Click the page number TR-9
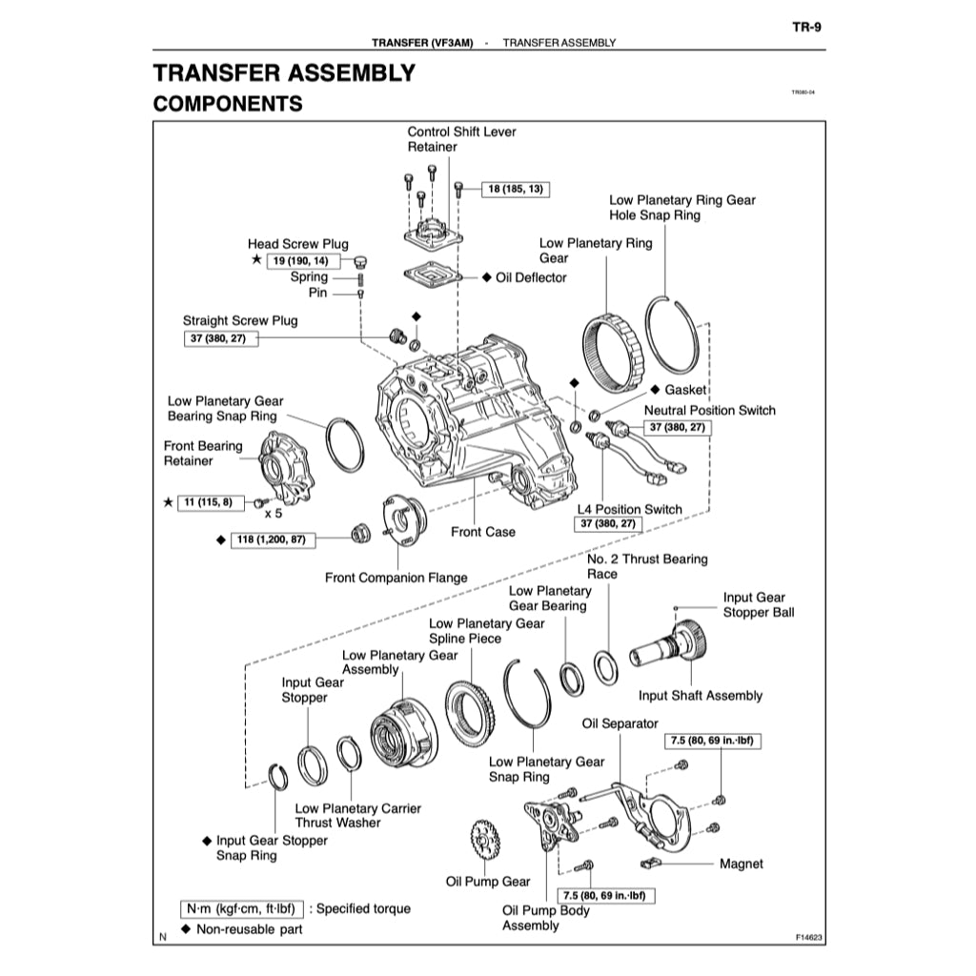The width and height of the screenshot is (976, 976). pyautogui.click(x=806, y=27)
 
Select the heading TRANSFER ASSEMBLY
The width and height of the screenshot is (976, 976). pyautogui.click(x=284, y=73)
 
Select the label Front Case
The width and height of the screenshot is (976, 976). pyautogui.click(x=482, y=532)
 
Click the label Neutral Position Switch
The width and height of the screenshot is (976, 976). pyautogui.click(x=710, y=411)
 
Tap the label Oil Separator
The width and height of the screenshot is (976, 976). pyautogui.click(x=620, y=724)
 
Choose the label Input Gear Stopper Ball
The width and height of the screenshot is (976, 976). pyautogui.click(x=758, y=605)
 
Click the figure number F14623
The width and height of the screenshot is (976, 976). pyautogui.click(x=809, y=938)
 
